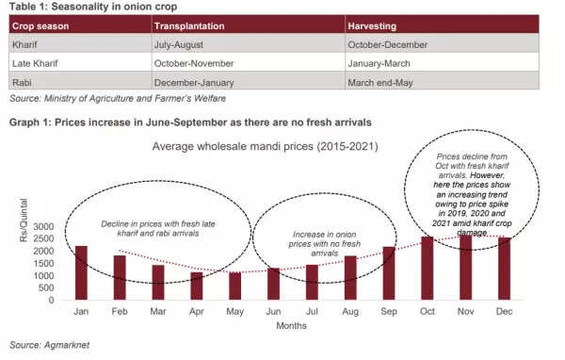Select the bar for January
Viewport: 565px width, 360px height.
tap(81, 272)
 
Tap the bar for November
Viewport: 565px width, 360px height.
tap(465, 268)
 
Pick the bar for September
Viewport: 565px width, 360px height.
tap(389, 272)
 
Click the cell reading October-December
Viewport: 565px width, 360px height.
tap(387, 44)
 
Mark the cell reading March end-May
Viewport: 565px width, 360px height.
tap(380, 81)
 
